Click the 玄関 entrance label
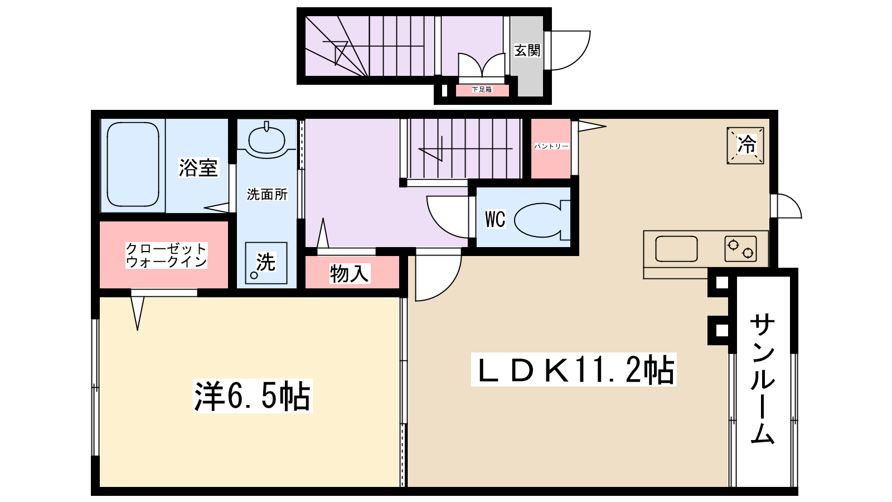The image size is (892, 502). click(527, 51)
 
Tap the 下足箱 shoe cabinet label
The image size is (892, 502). click(482, 89)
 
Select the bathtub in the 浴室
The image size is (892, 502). click(133, 165)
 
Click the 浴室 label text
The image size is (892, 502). click(198, 168)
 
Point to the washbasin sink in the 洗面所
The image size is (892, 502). click(266, 139)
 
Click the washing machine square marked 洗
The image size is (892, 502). click(266, 263)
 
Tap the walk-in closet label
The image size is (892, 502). click(166, 255)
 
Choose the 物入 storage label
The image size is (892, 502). click(350, 274)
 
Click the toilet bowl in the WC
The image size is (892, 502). click(538, 220)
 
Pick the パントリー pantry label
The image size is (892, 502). click(551, 146)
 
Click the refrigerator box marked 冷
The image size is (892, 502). click(745, 146)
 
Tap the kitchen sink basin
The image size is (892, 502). click(676, 249)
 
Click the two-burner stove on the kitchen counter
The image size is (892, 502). click(740, 249)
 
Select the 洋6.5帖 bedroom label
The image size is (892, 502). click(252, 396)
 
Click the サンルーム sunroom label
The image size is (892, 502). click(762, 379)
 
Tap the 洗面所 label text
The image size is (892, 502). click(267, 195)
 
